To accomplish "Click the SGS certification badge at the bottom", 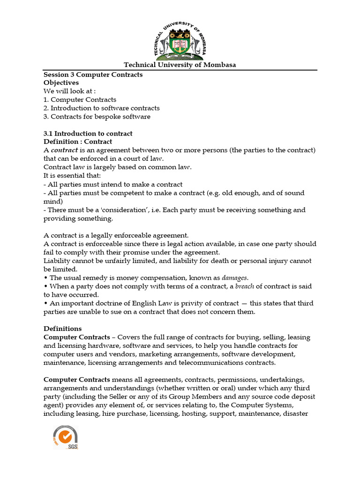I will (65, 437).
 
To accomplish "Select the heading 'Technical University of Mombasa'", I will (180, 65).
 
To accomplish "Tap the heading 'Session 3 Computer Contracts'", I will (93, 75).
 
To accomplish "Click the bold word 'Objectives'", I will (61, 83).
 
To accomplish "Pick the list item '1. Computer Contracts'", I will (80, 100).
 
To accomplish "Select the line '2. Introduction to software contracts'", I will (102, 108).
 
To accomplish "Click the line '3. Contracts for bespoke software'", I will (97, 117).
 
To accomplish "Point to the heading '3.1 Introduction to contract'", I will (88, 134).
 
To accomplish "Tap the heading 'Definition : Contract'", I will (78, 142).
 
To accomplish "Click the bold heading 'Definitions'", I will (62, 329).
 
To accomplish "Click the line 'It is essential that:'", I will (69, 176).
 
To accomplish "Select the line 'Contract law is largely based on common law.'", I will (118, 167).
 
